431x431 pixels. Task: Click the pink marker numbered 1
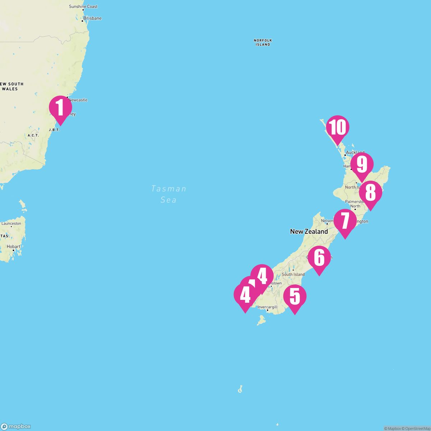point(60,107)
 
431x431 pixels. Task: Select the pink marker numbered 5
point(295,296)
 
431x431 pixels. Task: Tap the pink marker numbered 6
point(319,258)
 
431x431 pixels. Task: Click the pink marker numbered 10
point(338,127)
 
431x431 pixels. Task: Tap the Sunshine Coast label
point(83,6)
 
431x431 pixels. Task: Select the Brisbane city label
point(92,18)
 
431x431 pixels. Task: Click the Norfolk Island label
point(263,42)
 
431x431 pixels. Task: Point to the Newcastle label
point(78,100)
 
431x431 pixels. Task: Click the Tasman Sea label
point(169,194)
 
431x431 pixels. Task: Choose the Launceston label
point(11,223)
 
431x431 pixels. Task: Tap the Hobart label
point(14,247)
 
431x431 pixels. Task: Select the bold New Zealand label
point(309,232)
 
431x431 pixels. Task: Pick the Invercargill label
point(268,307)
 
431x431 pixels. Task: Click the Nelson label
point(327,221)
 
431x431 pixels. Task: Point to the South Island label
point(293,274)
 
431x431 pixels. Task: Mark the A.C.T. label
point(33,135)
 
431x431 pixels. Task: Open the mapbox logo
point(16,426)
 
